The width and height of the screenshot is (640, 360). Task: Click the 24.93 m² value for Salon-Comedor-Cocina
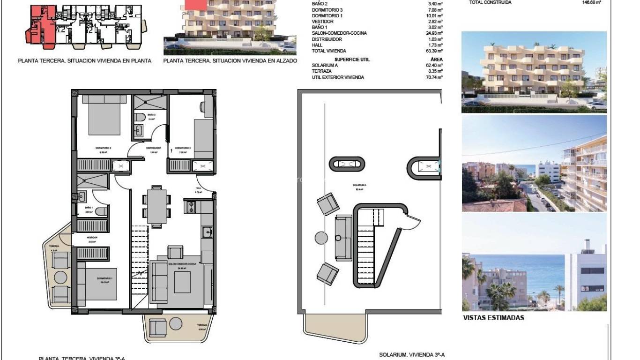point(434,33)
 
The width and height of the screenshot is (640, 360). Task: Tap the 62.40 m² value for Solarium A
point(434,66)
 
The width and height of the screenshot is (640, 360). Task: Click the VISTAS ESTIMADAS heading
point(493,318)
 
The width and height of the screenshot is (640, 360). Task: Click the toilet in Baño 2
point(139,117)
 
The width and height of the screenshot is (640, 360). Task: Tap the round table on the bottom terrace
point(176,323)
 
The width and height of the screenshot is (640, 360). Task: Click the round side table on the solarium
point(321,238)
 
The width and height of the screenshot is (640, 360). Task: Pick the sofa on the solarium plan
point(343,238)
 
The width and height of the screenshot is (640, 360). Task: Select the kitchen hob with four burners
point(191,207)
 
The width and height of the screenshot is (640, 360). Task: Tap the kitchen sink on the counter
point(207,231)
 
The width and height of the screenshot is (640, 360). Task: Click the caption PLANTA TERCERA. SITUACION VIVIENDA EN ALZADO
point(230,61)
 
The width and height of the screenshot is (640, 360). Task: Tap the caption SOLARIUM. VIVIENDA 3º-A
point(411,355)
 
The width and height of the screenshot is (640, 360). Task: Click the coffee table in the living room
point(182,282)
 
